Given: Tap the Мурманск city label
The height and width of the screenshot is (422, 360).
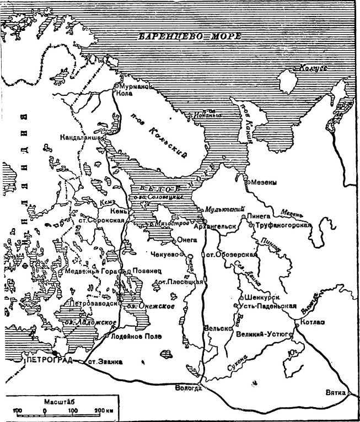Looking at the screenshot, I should click(135, 87).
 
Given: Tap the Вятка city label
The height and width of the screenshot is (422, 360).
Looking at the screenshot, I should click(336, 392).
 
